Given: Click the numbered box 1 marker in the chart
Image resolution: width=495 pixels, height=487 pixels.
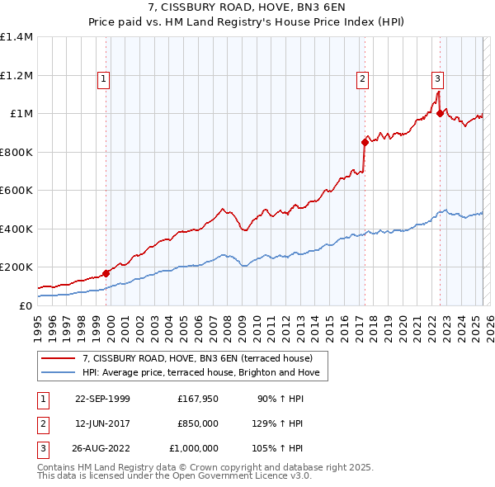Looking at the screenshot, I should tap(104, 79).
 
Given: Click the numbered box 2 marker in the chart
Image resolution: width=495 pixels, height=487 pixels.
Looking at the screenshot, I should tap(362, 79).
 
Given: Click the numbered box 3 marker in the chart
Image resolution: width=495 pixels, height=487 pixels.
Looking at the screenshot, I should tap(437, 79).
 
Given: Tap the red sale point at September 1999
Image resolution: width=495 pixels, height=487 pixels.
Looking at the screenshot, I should tap(106, 273).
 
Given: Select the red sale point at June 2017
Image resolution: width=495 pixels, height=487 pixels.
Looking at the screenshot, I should tap(365, 142).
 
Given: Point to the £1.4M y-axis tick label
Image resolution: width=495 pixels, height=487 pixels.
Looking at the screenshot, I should tap(16, 37).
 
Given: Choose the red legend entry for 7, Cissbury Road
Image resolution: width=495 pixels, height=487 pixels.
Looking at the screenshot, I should tap(197, 358).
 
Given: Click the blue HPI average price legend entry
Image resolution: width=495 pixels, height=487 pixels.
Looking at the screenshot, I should tap(205, 373).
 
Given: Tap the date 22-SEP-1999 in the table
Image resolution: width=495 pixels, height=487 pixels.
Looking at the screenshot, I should tap(102, 399).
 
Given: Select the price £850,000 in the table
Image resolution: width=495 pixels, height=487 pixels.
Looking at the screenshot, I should tap(197, 423).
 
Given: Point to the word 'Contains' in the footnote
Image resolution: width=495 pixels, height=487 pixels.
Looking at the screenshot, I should tap(58, 467).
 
